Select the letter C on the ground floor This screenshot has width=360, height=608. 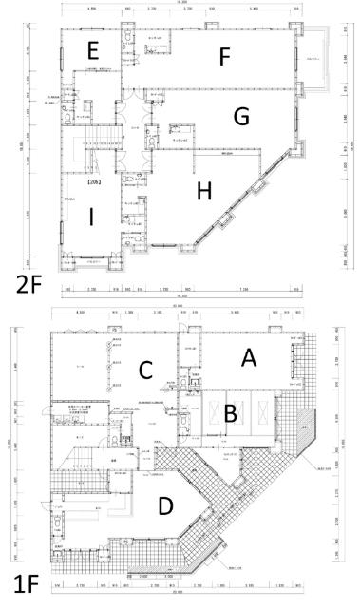pos(146,370)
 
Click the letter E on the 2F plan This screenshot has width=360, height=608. pos(92,48)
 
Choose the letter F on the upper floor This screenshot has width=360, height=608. pos(224,57)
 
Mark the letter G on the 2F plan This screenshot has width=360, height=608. pos(241,116)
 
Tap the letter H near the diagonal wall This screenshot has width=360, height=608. pos(202,190)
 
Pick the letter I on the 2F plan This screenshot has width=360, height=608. pos(90,218)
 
